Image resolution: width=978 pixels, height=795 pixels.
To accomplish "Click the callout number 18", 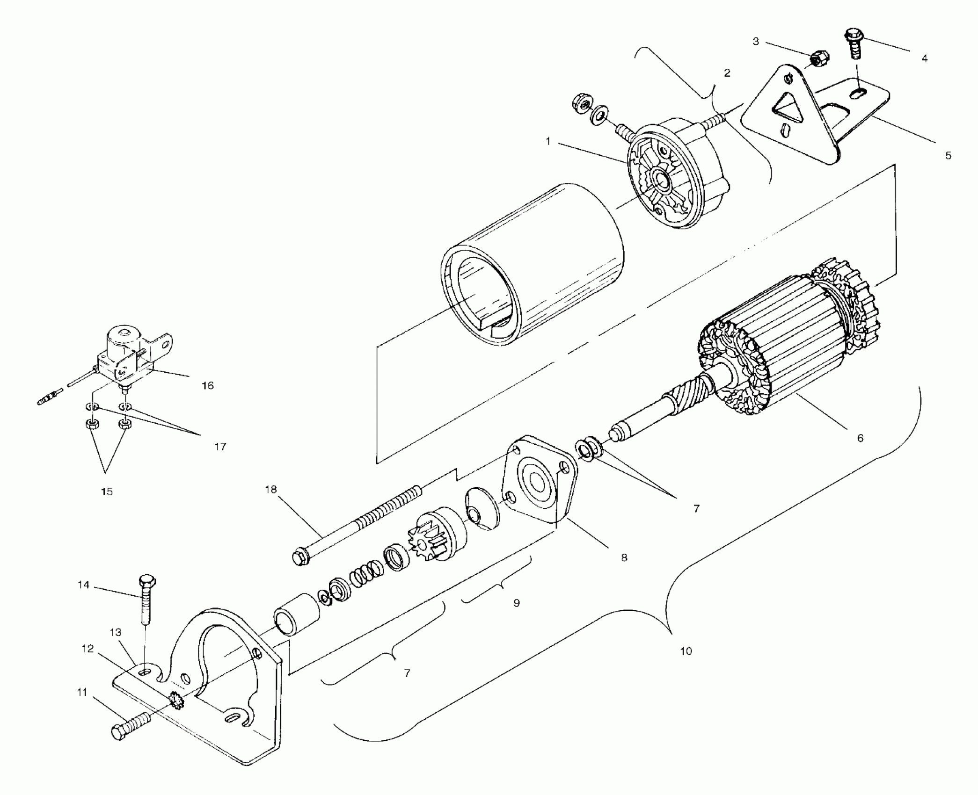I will [x=271, y=490].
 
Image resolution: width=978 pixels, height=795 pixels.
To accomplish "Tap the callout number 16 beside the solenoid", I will [x=207, y=385].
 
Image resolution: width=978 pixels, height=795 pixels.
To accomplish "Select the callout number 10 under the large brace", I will [x=686, y=651].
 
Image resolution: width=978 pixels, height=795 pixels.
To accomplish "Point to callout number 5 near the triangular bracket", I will [x=948, y=155].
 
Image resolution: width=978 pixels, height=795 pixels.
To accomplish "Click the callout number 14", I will [x=83, y=585].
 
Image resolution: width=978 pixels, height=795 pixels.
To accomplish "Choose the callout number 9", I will [x=516, y=603].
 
